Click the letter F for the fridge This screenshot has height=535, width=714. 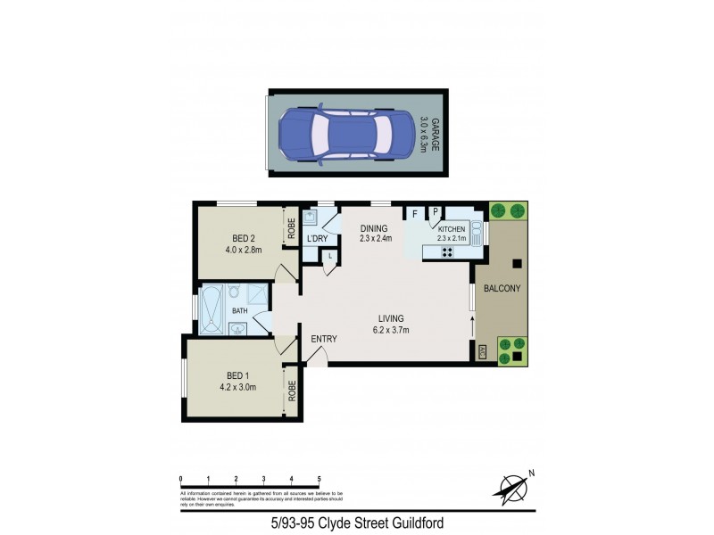[x=415, y=213]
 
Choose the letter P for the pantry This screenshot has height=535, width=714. [x=436, y=213]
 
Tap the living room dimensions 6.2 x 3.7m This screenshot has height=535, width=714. [x=391, y=330]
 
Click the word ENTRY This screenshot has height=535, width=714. [x=323, y=339]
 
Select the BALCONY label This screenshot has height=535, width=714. [x=502, y=289]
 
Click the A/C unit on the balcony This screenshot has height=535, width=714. [x=483, y=353]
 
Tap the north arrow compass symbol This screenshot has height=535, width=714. [x=511, y=486]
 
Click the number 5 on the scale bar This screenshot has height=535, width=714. [x=319, y=480]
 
